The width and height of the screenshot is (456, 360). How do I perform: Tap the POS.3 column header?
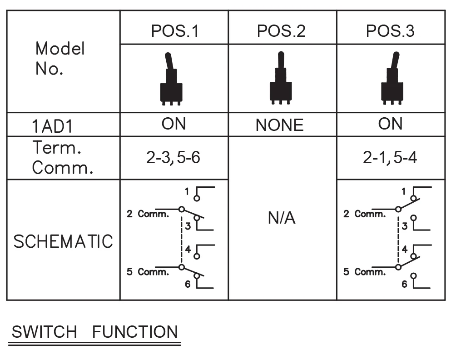tap(390, 31)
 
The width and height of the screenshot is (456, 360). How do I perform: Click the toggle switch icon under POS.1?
tap(171, 79)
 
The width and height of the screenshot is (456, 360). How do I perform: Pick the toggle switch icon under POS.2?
tap(280, 79)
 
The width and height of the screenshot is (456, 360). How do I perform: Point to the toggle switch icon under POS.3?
tap(392, 79)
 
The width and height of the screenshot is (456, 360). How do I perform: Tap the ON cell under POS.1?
tap(173, 124)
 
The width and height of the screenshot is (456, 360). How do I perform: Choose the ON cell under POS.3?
tap(390, 124)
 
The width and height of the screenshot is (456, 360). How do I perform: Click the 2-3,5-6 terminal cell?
tap(174, 158)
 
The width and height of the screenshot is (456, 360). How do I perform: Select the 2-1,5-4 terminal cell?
tap(391, 158)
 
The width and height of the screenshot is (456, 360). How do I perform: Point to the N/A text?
tap(282, 219)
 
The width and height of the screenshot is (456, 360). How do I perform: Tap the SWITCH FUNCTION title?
tap(94, 332)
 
